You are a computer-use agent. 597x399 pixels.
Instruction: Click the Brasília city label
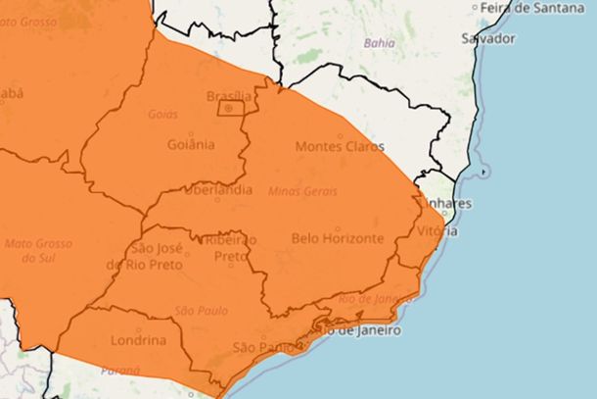[x=229, y=96]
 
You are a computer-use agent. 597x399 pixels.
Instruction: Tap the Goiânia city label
[x=192, y=145]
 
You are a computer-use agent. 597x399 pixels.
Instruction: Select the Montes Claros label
[x=339, y=147]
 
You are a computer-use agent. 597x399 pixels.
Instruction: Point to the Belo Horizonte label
[x=338, y=238]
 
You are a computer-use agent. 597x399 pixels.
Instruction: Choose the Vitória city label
[x=436, y=231]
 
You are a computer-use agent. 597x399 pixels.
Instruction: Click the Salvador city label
[x=487, y=38]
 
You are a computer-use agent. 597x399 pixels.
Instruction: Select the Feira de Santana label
[x=536, y=8]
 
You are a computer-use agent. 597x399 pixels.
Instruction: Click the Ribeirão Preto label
[x=230, y=248]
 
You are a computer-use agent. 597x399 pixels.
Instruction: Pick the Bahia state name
[x=380, y=43]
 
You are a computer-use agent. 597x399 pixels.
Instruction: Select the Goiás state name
[x=162, y=114]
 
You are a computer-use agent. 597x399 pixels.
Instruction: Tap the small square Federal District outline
[x=230, y=108]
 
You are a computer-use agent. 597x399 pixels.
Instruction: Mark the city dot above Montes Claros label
[x=341, y=135]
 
